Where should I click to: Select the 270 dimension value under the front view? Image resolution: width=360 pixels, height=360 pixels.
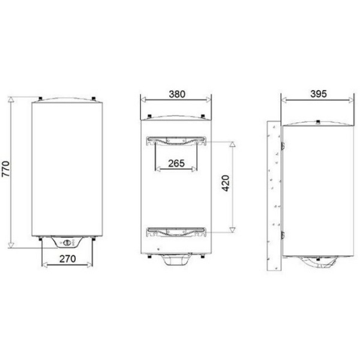(x=67, y=260)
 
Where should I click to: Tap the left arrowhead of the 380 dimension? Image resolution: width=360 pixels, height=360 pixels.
(x=142, y=100)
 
